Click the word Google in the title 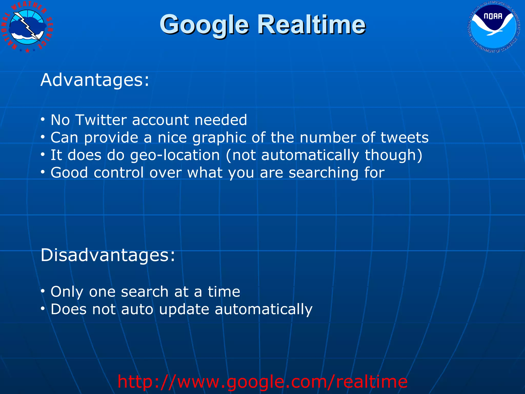204,25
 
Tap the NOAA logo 494,26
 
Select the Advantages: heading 95,80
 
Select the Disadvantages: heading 108,255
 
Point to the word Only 67,292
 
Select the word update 184,310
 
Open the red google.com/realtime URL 262,381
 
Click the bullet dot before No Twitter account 43,120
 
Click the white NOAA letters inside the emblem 493,16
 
